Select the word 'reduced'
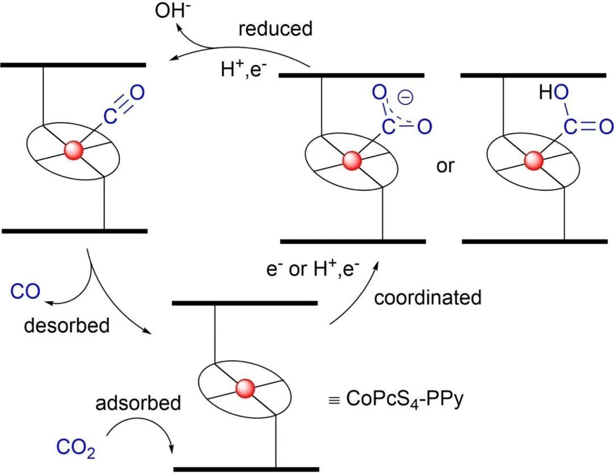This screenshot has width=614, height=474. (275, 29)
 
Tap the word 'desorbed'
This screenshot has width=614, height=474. (67, 325)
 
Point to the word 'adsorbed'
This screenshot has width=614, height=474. (138, 403)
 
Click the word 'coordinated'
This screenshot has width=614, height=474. (428, 298)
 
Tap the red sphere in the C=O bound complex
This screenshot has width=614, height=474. (74, 150)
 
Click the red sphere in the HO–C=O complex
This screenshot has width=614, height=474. (533, 161)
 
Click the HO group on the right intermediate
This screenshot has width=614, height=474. (551, 93)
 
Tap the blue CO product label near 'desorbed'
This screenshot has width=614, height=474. (25, 292)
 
